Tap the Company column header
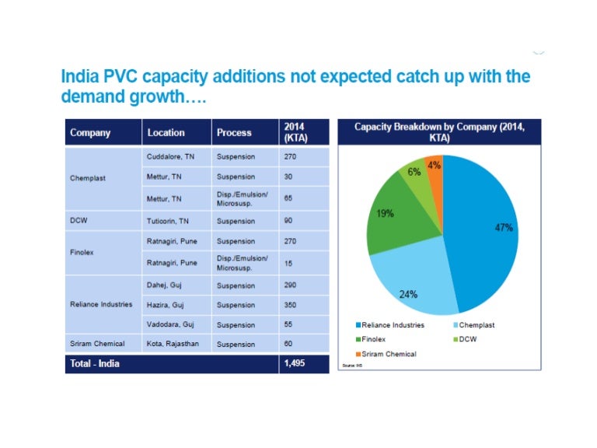click(x=90, y=132)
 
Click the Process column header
click(x=234, y=132)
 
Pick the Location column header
click(x=166, y=132)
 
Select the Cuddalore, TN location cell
click(x=171, y=157)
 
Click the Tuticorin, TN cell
click(x=169, y=221)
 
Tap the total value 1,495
click(x=295, y=363)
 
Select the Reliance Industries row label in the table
click(x=101, y=304)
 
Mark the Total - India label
click(x=95, y=363)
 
